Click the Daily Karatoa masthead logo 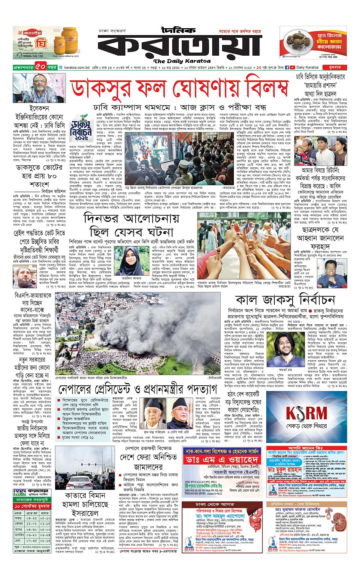[179, 44]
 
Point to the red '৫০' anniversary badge [41, 67]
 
